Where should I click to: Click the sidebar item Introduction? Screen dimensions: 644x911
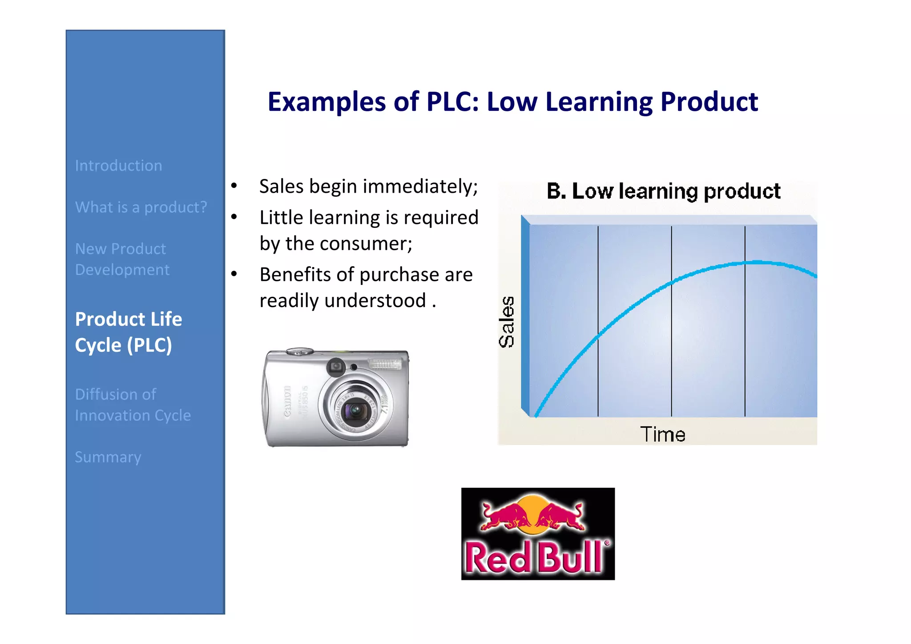tap(118, 166)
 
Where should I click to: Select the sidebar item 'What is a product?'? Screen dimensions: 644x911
tap(141, 207)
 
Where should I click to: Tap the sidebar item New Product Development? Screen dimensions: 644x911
tap(122, 259)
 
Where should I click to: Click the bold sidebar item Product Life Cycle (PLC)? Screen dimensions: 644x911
tap(128, 332)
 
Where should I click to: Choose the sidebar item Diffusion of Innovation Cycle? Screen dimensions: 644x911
tap(133, 405)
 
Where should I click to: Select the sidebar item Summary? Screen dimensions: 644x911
tap(108, 457)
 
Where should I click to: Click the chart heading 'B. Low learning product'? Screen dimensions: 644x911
tap(663, 191)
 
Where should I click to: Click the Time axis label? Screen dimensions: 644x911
tap(662, 434)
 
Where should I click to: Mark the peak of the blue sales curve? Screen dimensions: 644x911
tap(756, 263)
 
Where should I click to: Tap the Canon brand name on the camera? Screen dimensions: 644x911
tap(287, 401)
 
